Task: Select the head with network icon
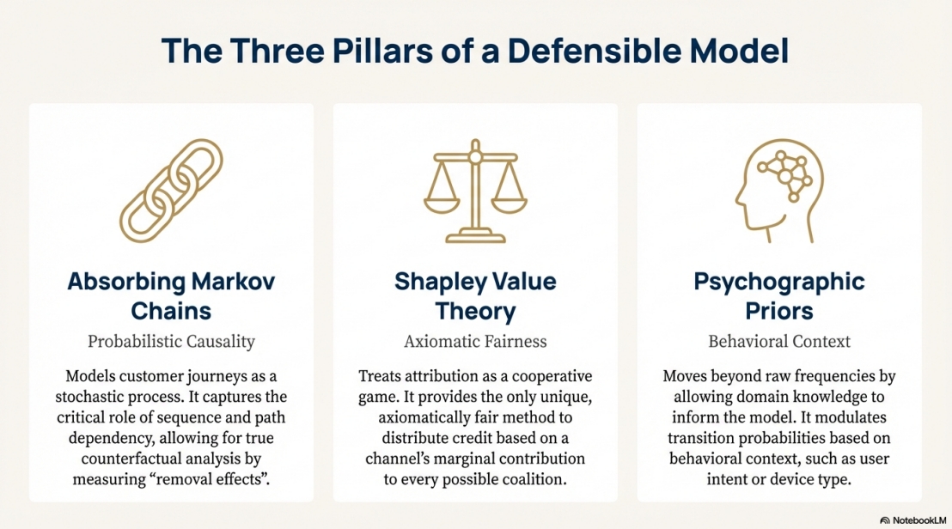778,192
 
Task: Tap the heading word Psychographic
779,282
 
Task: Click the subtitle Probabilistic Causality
172,341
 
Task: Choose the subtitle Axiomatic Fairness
475,341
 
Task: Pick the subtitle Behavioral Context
779,341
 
